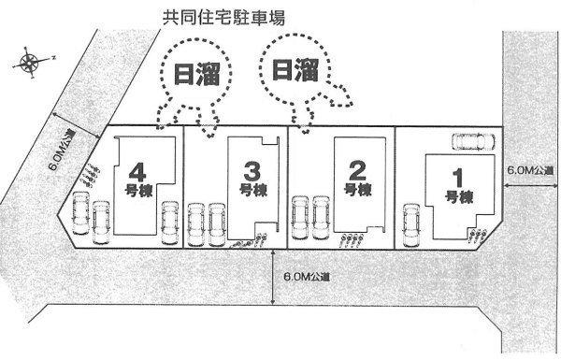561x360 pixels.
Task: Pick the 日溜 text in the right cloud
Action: [294, 69]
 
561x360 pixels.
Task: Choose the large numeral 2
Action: [355, 172]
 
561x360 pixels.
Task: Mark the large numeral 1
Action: [457, 177]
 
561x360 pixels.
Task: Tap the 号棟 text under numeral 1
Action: [457, 197]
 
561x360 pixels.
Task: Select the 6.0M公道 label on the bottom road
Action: [306, 278]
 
